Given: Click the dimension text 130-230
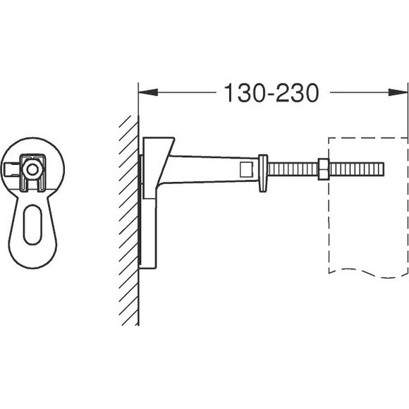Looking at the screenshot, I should pos(271,92).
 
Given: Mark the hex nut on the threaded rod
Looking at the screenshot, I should pos(322,169).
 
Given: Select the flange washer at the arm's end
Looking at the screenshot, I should pos(263,173).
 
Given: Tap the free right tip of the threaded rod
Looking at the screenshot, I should pos(383,169).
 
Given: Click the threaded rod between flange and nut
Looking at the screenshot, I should pos(293,169).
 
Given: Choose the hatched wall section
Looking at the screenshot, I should pos(128,219).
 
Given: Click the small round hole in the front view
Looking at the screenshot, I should pos(31,170).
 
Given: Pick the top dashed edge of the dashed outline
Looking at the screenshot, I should pos(367,137).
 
